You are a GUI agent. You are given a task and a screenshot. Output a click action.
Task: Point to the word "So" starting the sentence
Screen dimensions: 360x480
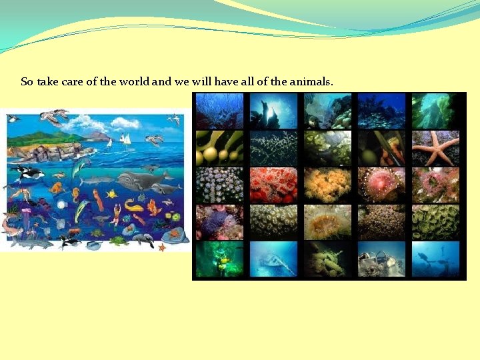pyautogui.click(x=27, y=82)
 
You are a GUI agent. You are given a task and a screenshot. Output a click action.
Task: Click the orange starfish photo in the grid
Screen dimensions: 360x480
pyautogui.click(x=436, y=147)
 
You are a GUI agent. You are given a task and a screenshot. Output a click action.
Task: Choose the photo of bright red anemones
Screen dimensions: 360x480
pyautogui.click(x=273, y=185)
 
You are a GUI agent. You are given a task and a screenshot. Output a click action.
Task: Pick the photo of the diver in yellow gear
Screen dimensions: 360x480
pyautogui.click(x=219, y=259)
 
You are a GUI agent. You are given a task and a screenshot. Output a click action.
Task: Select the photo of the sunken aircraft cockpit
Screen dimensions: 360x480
pyautogui.click(x=382, y=259)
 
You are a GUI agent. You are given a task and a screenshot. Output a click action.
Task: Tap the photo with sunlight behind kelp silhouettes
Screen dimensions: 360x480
pyautogui.click(x=273, y=110)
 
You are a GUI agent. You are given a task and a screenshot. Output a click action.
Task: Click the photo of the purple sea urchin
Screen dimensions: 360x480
pyautogui.click(x=219, y=222)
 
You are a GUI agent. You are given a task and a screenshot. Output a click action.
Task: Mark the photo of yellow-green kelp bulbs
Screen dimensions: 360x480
pyautogui.click(x=219, y=147)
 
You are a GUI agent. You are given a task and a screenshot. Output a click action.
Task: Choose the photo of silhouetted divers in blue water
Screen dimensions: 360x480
pyautogui.click(x=436, y=259)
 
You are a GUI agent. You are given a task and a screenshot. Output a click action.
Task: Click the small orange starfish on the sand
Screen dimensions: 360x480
pyautogui.click(x=161, y=247)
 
